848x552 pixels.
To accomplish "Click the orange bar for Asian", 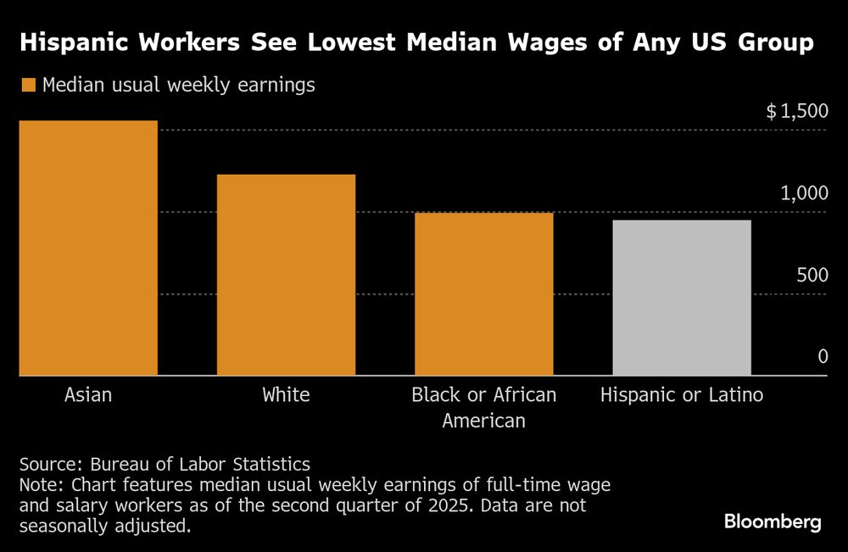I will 88,248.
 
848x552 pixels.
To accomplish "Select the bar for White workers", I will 286,275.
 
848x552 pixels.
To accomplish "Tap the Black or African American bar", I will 483,293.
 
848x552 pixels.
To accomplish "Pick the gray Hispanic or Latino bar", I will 681,298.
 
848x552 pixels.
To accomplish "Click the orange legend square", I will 28,85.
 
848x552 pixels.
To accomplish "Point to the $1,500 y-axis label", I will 796,112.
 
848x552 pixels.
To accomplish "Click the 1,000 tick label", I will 804,193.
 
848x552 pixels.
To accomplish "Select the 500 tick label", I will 811,276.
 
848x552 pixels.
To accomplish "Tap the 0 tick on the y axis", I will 823,357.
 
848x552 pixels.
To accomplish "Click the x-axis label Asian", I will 88,395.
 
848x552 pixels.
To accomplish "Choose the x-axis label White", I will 286,395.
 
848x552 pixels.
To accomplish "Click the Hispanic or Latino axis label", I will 681,395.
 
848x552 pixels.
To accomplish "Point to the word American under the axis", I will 483,421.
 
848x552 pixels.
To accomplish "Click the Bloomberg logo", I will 773,521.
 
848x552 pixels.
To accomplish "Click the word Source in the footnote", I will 47,465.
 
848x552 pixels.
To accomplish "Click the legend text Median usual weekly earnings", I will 178,85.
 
